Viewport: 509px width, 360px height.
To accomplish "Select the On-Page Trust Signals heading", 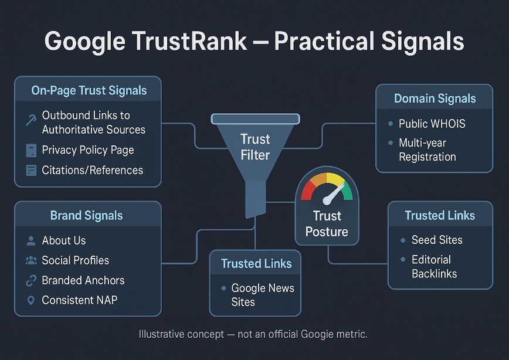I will (89, 91).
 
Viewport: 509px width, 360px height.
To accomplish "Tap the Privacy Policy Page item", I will (88, 150).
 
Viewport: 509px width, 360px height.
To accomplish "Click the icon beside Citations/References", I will (31, 171).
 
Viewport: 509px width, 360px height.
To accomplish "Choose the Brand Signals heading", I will (87, 215).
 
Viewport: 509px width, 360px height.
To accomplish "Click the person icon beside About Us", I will (31, 240).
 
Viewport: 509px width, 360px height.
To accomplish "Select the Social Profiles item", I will (75, 260).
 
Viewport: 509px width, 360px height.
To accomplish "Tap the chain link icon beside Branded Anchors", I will (31, 281).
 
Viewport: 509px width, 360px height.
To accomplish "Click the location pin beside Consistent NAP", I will (31, 300).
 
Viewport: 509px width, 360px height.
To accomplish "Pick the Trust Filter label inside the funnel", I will (255, 147).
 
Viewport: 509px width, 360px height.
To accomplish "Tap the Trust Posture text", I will (327, 224).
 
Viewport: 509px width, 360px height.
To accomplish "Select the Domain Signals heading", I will (435, 99).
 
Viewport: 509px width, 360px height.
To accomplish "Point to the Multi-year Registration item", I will (427, 150).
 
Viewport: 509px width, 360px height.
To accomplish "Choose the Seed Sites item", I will (437, 240).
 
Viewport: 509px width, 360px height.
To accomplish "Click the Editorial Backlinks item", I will (434, 266).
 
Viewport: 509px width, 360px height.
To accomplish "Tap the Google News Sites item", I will (262, 295).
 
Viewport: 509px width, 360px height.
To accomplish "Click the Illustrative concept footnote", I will (253, 334).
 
